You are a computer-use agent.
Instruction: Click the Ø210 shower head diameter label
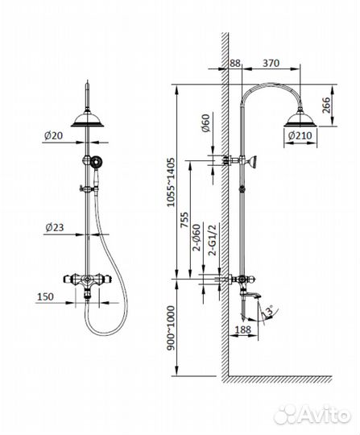[x=302, y=137]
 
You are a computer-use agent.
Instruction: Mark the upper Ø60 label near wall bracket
[x=204, y=126]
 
